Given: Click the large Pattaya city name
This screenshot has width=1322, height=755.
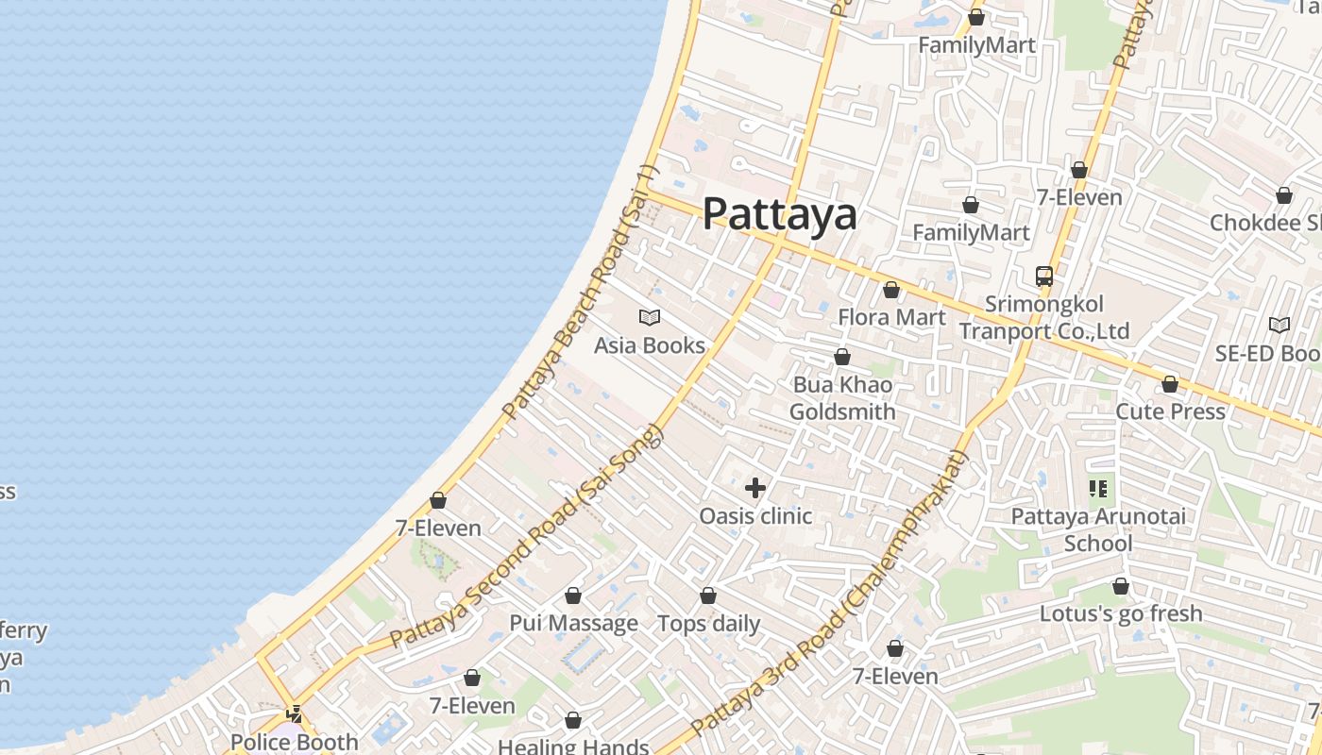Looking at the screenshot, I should (780, 214).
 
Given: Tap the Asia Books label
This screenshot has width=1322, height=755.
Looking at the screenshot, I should (650, 345).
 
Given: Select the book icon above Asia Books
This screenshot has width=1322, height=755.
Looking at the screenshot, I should (650, 318).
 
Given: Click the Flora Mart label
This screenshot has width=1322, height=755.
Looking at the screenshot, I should (891, 317).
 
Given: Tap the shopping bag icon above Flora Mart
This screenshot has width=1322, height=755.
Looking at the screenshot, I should (890, 290).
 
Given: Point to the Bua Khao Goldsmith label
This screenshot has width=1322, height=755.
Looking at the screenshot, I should (842, 398).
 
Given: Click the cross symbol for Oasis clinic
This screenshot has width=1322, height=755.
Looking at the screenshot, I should (755, 488).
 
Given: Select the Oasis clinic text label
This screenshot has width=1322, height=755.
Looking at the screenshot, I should (755, 515).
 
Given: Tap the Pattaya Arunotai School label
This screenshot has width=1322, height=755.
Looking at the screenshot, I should (1098, 529).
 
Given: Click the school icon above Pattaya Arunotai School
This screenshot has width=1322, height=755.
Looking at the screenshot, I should (1098, 488).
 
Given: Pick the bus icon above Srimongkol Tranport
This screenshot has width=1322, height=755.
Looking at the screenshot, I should (1043, 277).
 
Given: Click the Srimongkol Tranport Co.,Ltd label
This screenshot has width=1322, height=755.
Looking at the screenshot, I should (1044, 318).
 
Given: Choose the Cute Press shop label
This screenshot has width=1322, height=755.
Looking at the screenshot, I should (1170, 411).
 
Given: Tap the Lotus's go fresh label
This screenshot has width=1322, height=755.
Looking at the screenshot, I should (1121, 613).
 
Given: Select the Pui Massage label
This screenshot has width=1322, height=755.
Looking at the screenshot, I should (573, 623).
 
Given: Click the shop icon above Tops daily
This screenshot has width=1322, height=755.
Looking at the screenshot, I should (708, 596).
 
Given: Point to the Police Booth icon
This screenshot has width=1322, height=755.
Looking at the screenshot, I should (295, 714).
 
